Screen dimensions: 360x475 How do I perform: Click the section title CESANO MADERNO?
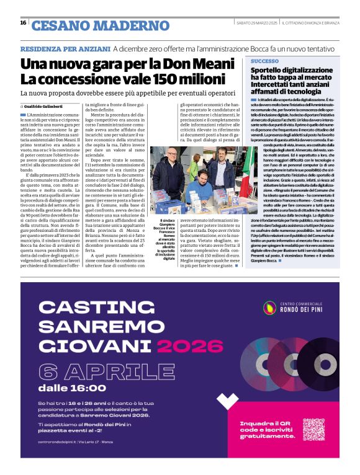(100, 25)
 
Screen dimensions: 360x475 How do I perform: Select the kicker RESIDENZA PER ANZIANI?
(65, 48)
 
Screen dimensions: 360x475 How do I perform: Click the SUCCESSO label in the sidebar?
(265, 62)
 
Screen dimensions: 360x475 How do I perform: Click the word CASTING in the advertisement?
(93, 309)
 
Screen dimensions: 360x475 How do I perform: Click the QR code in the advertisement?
(313, 429)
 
